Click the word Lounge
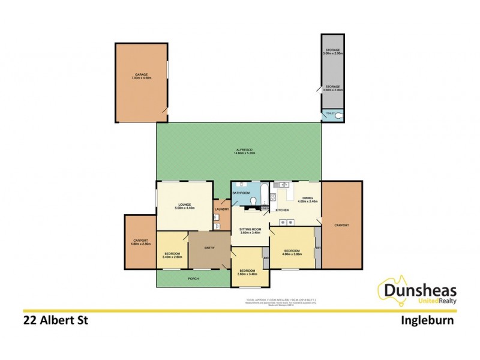pyautogui.click(x=184, y=205)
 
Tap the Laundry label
pyautogui.click(x=221, y=209)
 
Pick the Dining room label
pyautogui.click(x=307, y=198)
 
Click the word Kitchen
pyautogui.click(x=282, y=210)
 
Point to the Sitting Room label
pyautogui.click(x=250, y=230)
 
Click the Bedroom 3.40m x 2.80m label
pyautogui.click(x=172, y=254)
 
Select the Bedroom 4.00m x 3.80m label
pyautogui.click(x=292, y=252)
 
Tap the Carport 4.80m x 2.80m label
pyautogui.click(x=140, y=242)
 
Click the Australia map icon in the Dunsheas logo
pyautogui.click(x=390, y=288)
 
